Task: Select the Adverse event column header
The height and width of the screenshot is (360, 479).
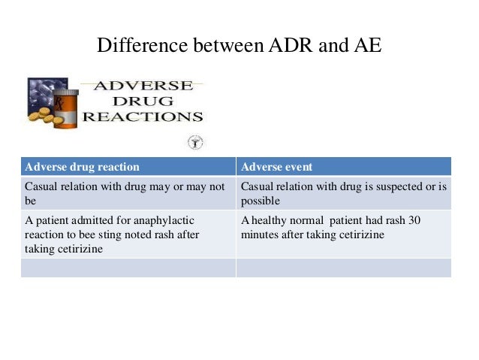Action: (x=276, y=167)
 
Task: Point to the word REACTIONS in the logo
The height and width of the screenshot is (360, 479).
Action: (x=142, y=116)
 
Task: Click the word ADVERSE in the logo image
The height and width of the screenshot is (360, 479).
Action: (x=142, y=86)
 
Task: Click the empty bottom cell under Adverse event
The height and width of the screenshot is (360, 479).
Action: (x=343, y=268)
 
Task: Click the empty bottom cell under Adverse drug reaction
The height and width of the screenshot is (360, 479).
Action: (x=128, y=268)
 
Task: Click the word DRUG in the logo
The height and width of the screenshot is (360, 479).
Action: (x=142, y=101)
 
